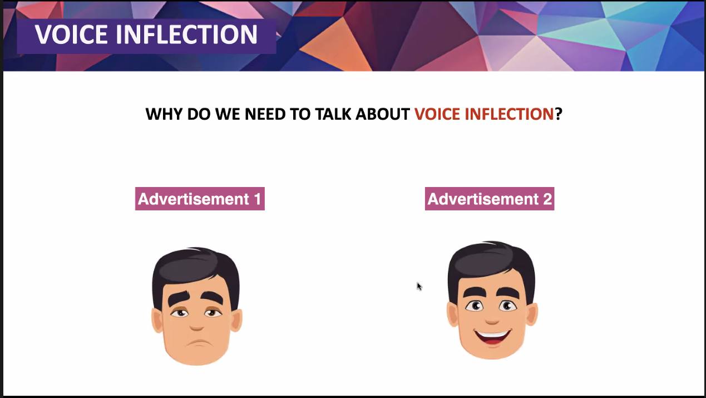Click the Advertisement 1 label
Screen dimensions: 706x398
[200, 199]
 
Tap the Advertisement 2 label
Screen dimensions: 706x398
[490, 199]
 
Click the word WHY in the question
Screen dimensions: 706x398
[165, 114]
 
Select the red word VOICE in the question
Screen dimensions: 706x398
[437, 114]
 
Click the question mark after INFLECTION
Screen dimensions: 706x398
[558, 114]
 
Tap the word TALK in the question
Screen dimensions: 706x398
[333, 114]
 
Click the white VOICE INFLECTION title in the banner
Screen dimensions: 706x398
[146, 35]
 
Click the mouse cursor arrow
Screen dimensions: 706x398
[419, 286]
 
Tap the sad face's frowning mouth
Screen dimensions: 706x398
[198, 343]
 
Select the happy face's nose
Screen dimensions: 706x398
[492, 321]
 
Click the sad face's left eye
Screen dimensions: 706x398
[180, 313]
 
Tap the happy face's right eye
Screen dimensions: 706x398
[507, 306]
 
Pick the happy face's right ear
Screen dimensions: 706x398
[532, 314]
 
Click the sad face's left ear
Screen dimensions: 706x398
[157, 321]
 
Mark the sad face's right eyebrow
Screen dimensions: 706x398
[212, 297]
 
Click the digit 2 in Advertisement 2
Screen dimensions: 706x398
[547, 199]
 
